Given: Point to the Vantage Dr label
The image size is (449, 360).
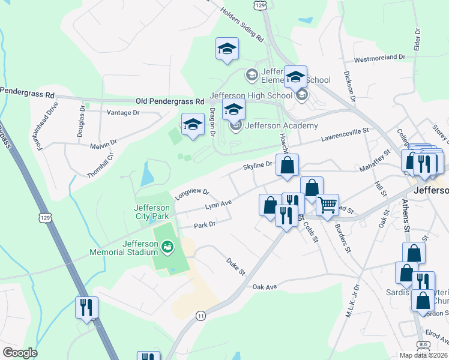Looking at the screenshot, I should pyautogui.click(x=122, y=112).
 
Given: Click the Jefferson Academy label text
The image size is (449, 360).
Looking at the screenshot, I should pyautogui.click(x=282, y=125).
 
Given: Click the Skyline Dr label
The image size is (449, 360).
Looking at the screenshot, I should pyautogui.click(x=258, y=164).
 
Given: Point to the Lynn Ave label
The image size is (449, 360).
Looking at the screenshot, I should pyautogui.click(x=218, y=205).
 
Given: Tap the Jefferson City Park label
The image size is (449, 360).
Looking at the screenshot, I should pyautogui.click(x=151, y=212).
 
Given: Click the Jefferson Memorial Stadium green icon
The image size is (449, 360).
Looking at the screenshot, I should pyautogui.click(x=167, y=245).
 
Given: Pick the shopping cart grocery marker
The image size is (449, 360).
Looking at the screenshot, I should pyautogui.click(x=327, y=205).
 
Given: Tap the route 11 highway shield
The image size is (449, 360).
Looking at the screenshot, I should pyautogui.click(x=200, y=315).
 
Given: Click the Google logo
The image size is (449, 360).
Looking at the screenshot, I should pyautogui.click(x=20, y=353).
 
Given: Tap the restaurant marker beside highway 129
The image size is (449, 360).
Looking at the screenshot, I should pyautogui.click(x=86, y=308).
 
